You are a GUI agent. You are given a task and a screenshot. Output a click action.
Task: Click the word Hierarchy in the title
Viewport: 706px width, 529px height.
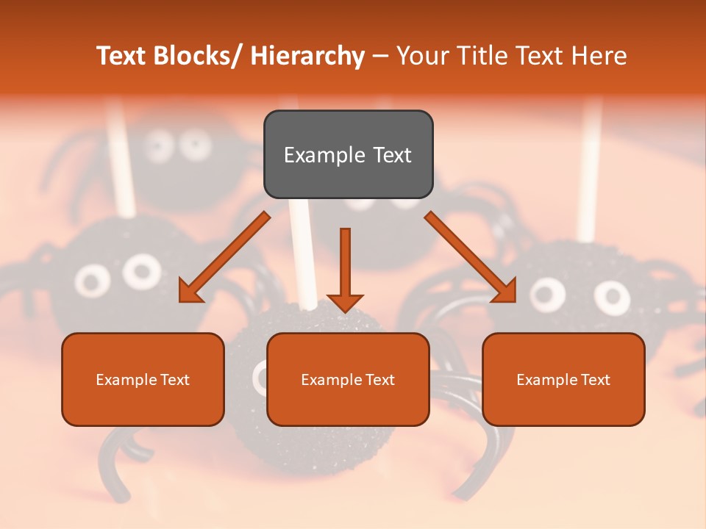(307, 56)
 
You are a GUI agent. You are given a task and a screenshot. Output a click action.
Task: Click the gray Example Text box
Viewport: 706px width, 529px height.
(348, 154)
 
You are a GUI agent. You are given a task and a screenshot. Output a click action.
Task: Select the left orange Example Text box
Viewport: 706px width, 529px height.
(143, 379)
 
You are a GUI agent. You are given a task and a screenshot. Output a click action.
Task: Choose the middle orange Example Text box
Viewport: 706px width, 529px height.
(348, 379)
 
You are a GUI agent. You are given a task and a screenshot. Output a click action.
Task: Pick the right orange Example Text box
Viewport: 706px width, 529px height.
(563, 379)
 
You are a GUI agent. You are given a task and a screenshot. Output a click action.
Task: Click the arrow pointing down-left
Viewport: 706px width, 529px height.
(224, 257)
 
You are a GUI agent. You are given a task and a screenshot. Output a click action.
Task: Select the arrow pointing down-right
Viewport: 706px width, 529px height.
(471, 257)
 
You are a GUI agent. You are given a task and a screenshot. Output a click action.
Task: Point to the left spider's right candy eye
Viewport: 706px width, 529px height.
(141, 272)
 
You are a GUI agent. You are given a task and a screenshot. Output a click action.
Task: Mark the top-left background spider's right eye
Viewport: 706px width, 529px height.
(195, 144)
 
